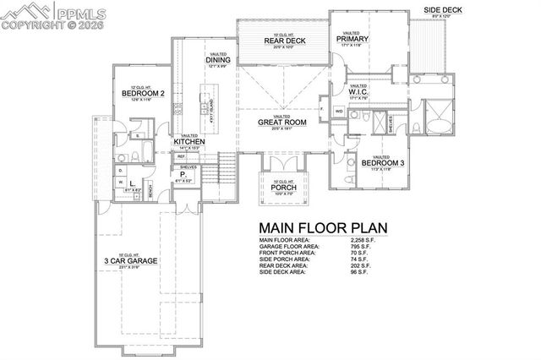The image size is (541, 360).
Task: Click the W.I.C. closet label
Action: pos(358,91)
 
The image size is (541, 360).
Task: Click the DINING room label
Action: pos(217,59)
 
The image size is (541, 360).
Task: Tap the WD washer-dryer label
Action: pos(338,111)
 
